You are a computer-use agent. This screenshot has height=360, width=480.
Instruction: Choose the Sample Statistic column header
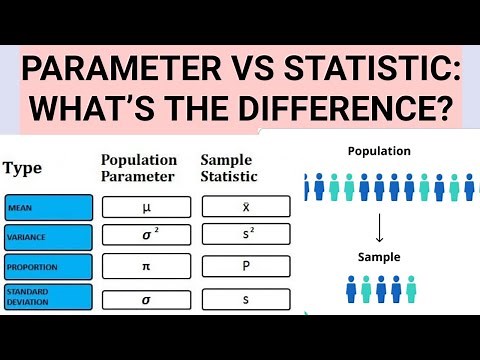pyautogui.click(x=229, y=168)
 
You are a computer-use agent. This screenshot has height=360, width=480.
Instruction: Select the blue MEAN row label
pyautogui.click(x=49, y=207)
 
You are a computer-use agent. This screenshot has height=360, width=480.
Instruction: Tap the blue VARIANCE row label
pyautogui.click(x=49, y=237)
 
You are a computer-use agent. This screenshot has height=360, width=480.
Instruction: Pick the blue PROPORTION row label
pyautogui.click(x=49, y=267)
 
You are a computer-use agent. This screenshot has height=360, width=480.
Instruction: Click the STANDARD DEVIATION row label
pyautogui.click(x=49, y=297)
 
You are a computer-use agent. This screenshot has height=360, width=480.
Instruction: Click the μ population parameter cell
pyautogui.click(x=145, y=207)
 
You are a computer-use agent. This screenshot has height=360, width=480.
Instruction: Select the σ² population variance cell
pyautogui.click(x=145, y=237)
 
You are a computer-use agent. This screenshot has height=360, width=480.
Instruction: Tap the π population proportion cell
pyautogui.click(x=145, y=267)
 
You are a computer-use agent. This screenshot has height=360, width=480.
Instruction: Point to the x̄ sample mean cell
pyautogui.click(x=245, y=207)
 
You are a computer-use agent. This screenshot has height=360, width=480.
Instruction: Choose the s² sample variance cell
pyautogui.click(x=245, y=237)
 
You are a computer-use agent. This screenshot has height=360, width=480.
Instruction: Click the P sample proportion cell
pyautogui.click(x=245, y=267)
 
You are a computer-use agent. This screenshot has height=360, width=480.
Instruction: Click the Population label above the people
pyautogui.click(x=379, y=151)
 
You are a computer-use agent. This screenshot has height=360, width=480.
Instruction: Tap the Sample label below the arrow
pyautogui.click(x=379, y=257)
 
